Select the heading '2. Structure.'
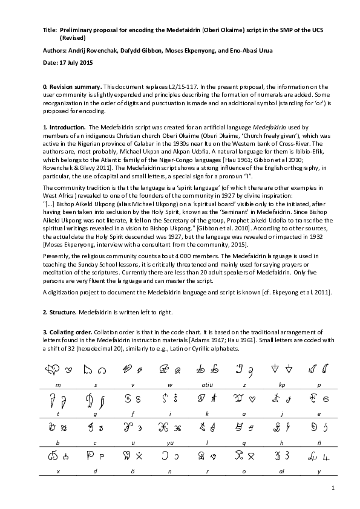pos(61,312)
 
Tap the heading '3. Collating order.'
pos(68,332)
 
